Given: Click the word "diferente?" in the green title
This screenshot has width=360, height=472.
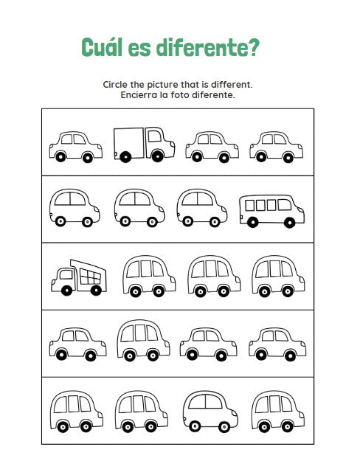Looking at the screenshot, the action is (x=207, y=47).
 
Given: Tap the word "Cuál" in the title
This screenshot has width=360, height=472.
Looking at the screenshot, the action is (x=102, y=46).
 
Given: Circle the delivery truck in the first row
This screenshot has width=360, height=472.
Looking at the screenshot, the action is (x=144, y=145).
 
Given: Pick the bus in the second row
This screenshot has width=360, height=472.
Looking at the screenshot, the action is (x=271, y=211).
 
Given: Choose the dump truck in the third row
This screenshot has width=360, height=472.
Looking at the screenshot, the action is (x=79, y=277).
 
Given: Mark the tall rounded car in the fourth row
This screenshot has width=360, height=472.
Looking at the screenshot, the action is (x=143, y=340).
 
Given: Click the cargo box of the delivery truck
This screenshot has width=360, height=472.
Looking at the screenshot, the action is (x=129, y=143).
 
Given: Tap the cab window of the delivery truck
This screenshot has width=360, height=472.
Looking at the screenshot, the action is (x=155, y=136).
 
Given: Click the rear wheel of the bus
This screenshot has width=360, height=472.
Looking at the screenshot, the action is (x=252, y=222).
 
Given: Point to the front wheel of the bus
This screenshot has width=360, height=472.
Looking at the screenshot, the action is (x=289, y=223).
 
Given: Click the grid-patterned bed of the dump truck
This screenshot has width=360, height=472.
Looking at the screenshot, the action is (x=89, y=275).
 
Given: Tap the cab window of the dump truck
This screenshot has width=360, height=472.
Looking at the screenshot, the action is (x=66, y=274).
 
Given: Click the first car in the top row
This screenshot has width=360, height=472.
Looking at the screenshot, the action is (x=75, y=147).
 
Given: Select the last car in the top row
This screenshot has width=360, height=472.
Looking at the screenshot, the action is (x=276, y=147).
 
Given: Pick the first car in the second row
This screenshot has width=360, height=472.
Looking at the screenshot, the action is (x=75, y=208).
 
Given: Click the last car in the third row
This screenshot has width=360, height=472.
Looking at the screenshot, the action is (x=278, y=276).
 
